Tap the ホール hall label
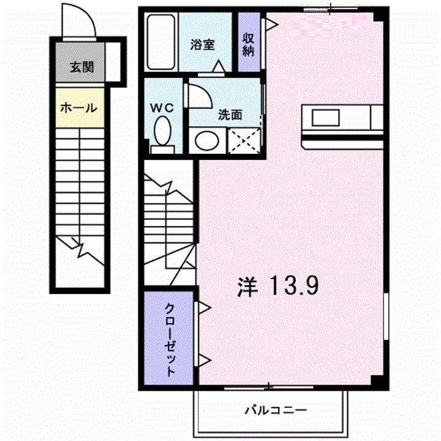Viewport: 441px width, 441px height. coord(78,108)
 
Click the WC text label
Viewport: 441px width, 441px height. coord(163,107)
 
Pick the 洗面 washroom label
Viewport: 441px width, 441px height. coord(230,114)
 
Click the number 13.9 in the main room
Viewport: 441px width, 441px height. coord(295,286)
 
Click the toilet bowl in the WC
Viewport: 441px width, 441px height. coord(162,130)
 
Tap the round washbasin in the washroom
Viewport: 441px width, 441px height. coord(207,141)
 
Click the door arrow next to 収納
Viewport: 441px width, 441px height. coord(271,24)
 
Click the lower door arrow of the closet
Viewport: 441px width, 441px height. coord(203,360)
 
